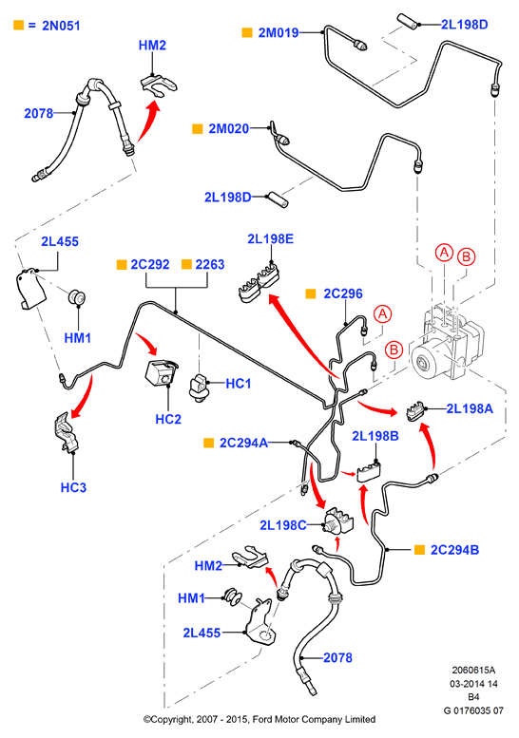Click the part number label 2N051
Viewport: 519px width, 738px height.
tap(61, 26)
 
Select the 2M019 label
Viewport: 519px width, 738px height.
tap(279, 32)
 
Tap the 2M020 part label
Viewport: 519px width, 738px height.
tap(229, 128)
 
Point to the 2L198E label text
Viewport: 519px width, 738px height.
tap(270, 239)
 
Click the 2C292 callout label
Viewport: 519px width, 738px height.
tap(150, 264)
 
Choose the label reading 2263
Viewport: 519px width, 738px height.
tap(209, 264)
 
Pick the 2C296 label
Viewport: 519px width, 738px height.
tap(343, 293)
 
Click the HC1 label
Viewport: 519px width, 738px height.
tap(239, 384)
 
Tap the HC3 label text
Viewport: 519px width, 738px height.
tap(73, 487)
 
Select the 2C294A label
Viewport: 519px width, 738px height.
tap(243, 443)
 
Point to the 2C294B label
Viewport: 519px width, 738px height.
tap(454, 550)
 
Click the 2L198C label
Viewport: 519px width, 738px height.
tap(283, 525)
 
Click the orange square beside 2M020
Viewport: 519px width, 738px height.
tap(198, 128)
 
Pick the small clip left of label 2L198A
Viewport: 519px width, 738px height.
tap(415, 412)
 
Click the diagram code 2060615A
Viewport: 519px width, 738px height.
tap(473, 671)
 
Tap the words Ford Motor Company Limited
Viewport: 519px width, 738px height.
tap(314, 720)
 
